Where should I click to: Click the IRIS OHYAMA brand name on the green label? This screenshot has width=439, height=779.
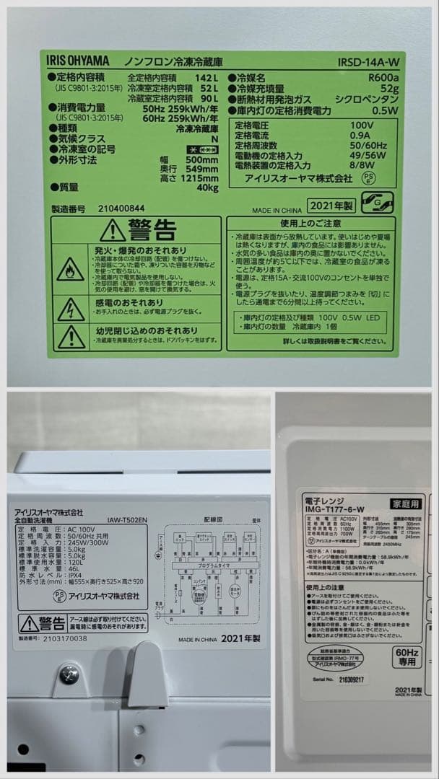pos(78,61)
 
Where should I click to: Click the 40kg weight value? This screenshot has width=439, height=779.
pos(208,188)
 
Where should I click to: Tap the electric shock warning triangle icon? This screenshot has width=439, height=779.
pos(71,309)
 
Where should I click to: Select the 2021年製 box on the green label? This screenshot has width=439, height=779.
pos(331,206)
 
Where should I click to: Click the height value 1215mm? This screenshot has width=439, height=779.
pos(199,177)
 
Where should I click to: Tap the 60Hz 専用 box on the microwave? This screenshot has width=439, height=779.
pos(407,656)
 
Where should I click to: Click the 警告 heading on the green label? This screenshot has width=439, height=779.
pos(152,230)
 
